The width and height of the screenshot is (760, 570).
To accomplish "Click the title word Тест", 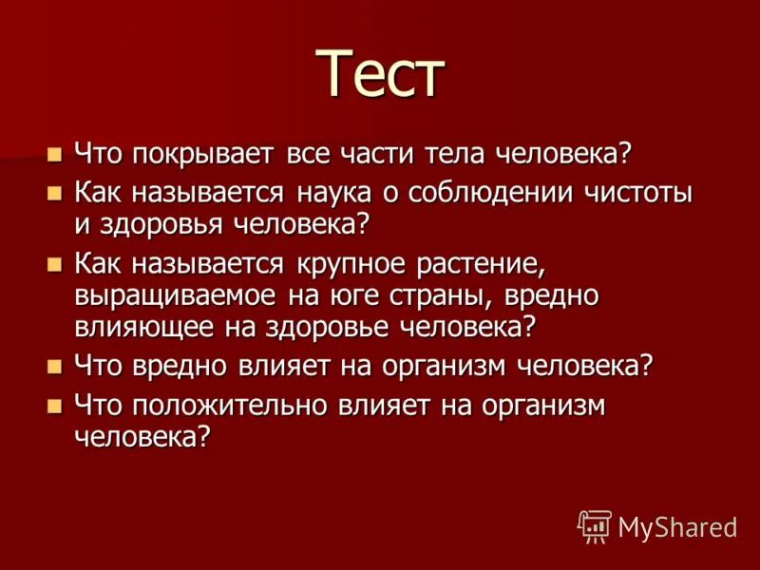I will pos(379,73).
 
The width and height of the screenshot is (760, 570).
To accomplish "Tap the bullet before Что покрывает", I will pos(54,153).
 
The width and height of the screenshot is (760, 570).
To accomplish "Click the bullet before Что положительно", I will pos(54,406).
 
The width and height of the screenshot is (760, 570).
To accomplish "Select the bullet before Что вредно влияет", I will pos(54,366).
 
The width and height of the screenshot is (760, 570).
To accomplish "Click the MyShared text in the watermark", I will pos(676,525).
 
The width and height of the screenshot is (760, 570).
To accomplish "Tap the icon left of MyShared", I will pos(595,524).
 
